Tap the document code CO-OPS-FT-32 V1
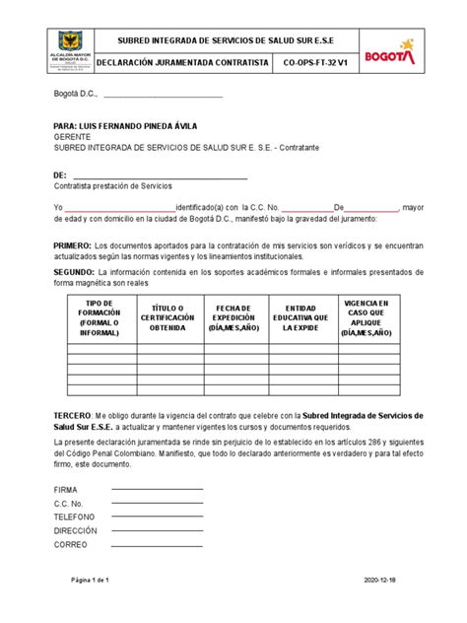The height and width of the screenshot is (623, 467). point(315,61)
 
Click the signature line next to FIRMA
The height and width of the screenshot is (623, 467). point(157,489)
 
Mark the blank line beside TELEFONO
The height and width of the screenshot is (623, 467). point(157,517)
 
